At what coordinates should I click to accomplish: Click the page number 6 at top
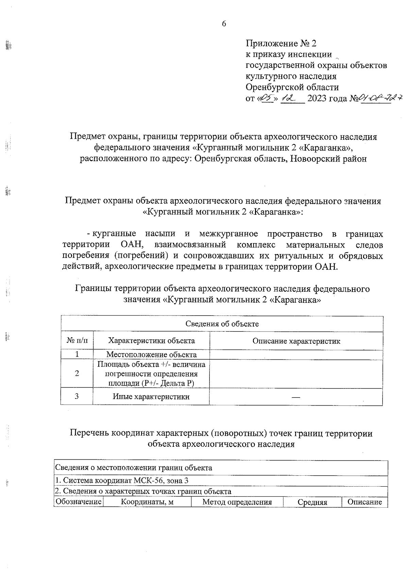pyautogui.click(x=224, y=24)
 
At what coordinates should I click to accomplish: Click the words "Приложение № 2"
pyautogui.click(x=281, y=44)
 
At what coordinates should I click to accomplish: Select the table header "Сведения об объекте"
pyautogui.click(x=222, y=324)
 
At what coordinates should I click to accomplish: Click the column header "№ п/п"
pyautogui.click(x=77, y=341)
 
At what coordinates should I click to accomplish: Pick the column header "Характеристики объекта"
pyautogui.click(x=151, y=341)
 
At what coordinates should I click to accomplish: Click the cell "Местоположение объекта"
pyautogui.click(x=151, y=355)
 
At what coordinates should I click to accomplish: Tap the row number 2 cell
pyautogui.click(x=77, y=374)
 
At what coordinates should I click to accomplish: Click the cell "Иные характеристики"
pyautogui.click(x=151, y=396)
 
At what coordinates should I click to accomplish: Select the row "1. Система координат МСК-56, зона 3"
pyautogui.click(x=122, y=481)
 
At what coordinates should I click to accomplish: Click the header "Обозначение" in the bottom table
pyautogui.click(x=79, y=502)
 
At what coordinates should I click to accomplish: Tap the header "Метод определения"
pyautogui.click(x=237, y=502)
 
